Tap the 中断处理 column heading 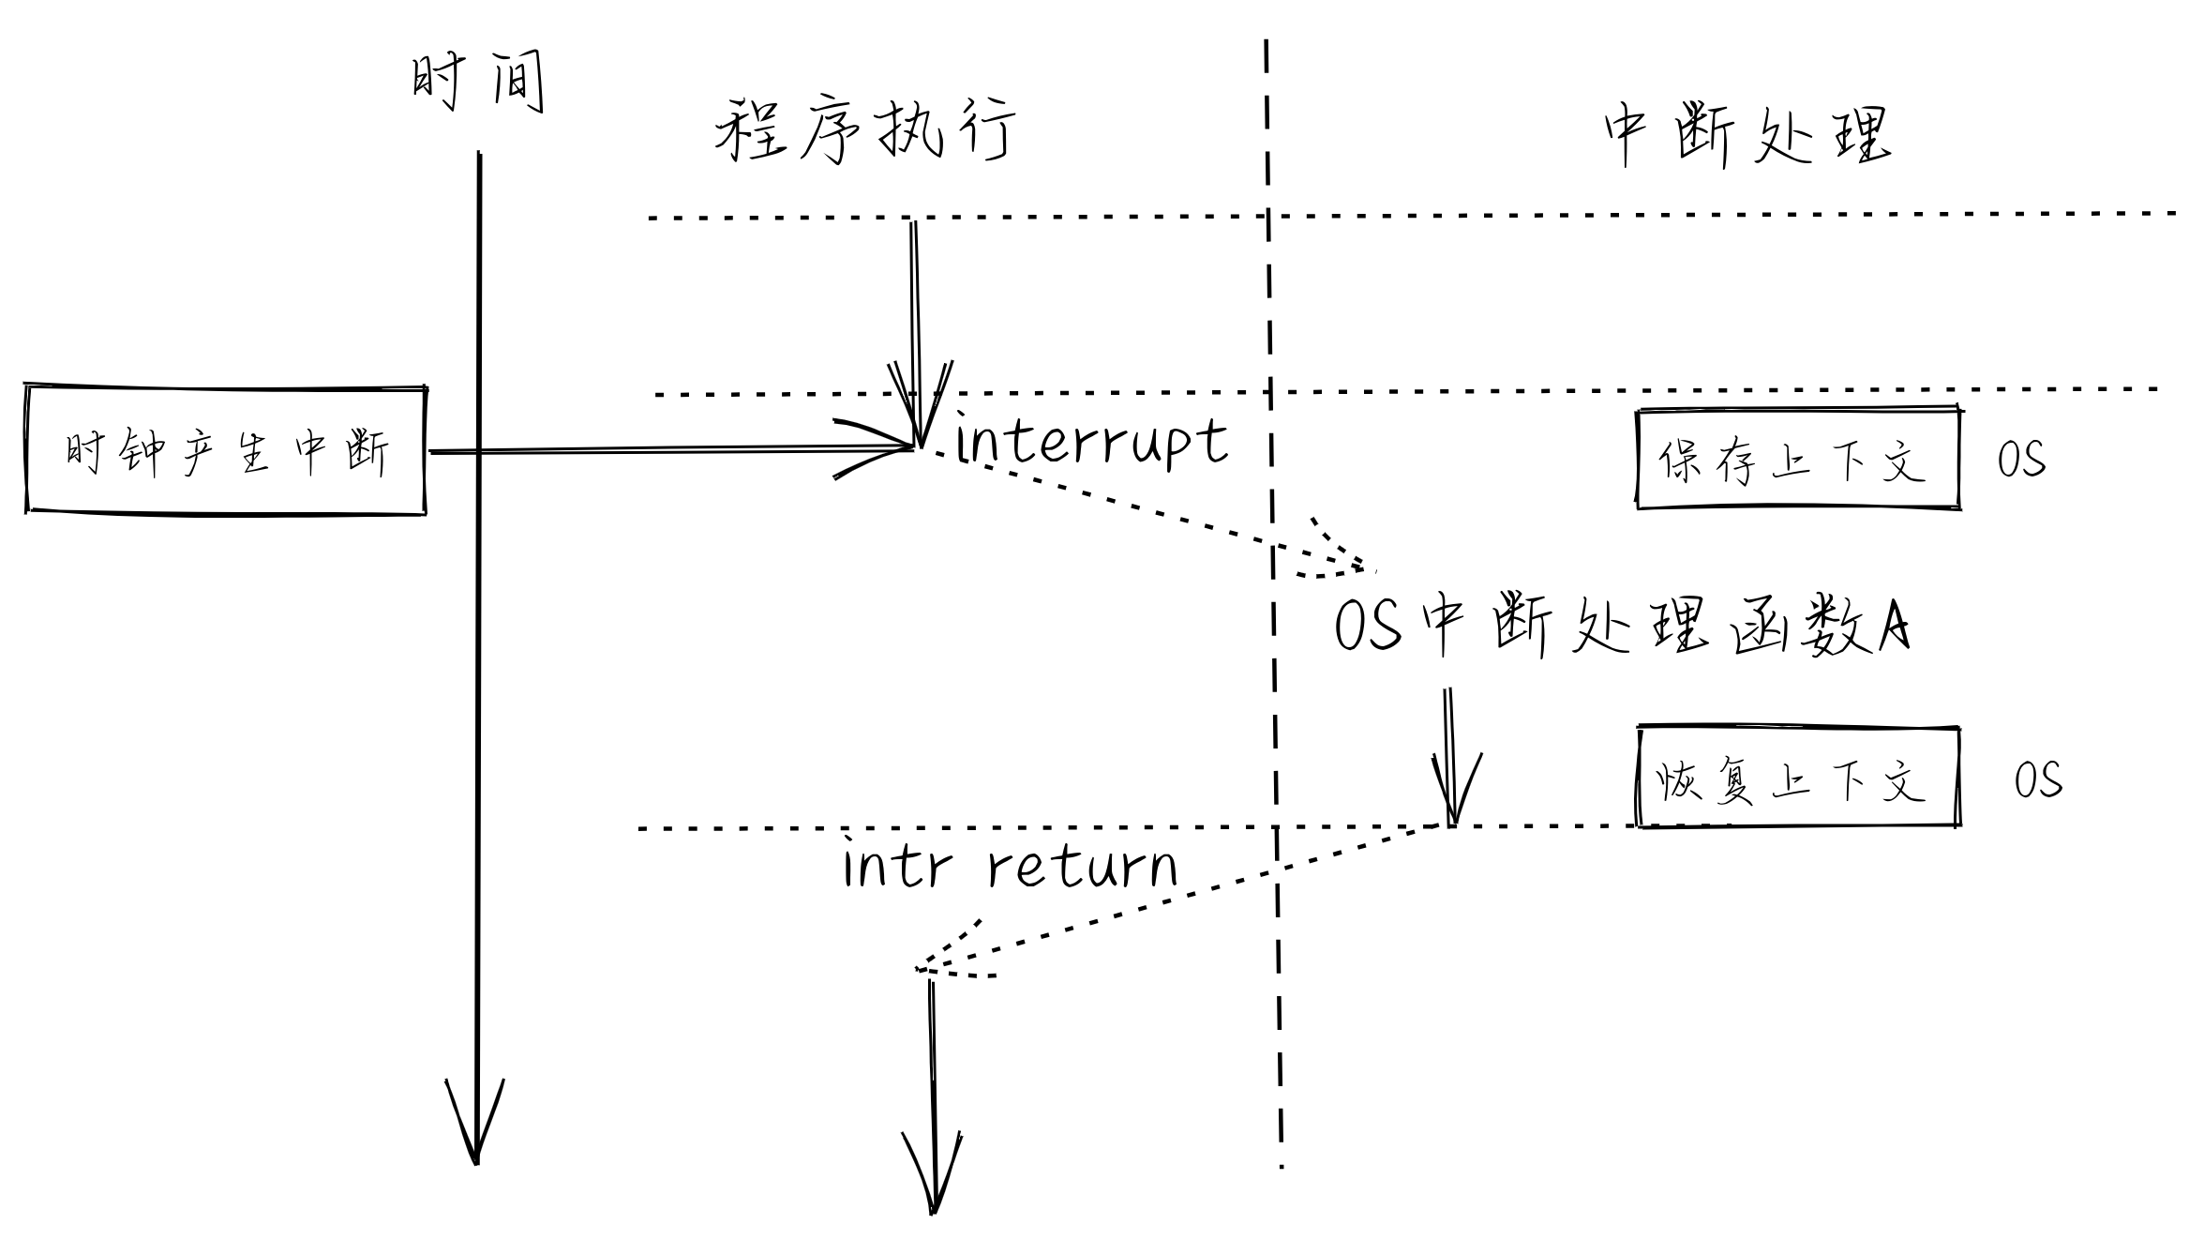pyautogui.click(x=1747, y=137)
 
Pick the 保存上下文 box pyautogui.click(x=1798, y=460)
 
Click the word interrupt pyautogui.click(x=1091, y=441)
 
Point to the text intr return pyautogui.click(x=1011, y=867)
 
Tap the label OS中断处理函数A pyautogui.click(x=1622, y=627)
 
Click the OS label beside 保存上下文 pyautogui.click(x=2021, y=460)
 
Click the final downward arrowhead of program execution pyautogui.click(x=933, y=1177)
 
